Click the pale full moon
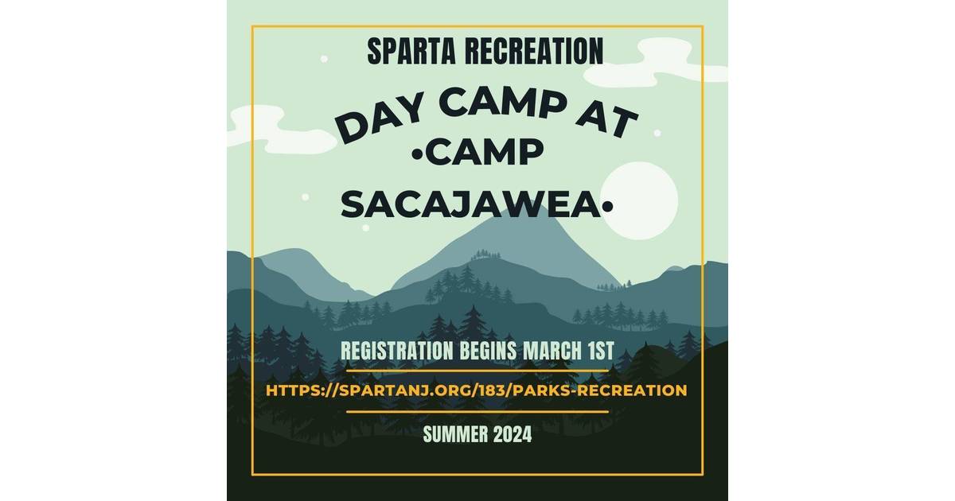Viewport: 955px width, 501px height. (641, 200)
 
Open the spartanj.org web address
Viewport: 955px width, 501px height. (476, 390)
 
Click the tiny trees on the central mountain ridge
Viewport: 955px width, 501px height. (482, 254)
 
